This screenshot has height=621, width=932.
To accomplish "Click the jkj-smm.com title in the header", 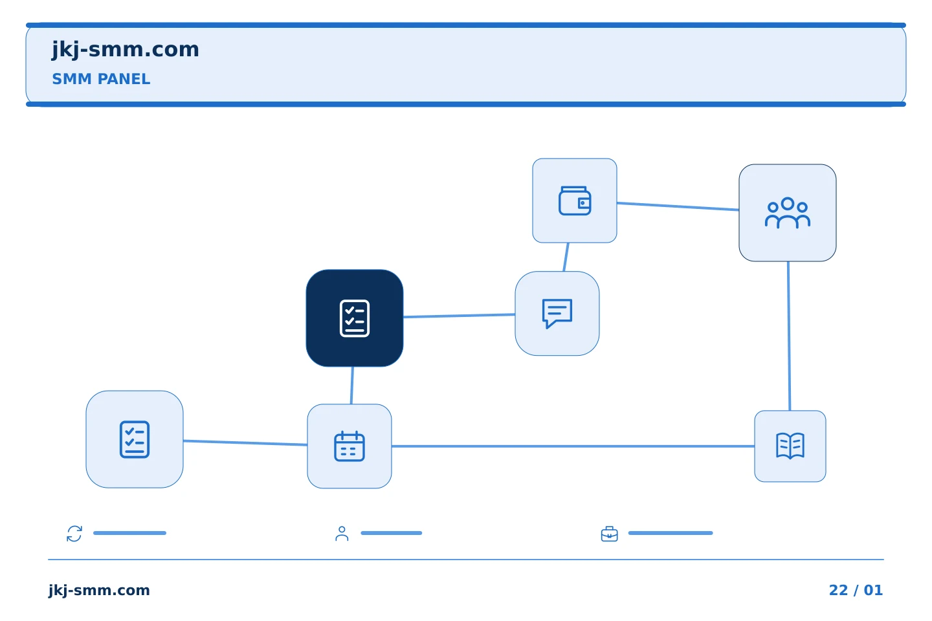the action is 126,50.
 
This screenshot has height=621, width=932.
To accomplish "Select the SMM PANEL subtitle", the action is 101,79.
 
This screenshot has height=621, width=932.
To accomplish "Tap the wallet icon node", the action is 575,201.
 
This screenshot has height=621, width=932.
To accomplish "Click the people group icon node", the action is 788,213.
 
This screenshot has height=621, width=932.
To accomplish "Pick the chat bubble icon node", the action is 557,314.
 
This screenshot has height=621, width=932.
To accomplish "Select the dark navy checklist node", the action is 355,318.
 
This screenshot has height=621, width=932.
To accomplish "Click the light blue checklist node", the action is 135,439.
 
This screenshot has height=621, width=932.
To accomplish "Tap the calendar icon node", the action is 349,446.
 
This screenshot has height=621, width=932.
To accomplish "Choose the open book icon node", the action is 790,446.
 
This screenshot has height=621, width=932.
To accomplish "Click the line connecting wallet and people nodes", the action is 678,206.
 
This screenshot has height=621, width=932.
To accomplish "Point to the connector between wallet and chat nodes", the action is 566,257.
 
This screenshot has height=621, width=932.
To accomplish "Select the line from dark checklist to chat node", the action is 459,316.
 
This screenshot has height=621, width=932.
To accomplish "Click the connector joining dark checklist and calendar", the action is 352,386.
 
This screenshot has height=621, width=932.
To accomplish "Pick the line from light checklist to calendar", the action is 245,442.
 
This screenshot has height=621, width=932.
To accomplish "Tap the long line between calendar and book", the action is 573,446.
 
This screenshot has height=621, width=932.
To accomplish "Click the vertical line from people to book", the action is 789,336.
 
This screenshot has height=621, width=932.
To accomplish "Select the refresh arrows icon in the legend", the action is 74,534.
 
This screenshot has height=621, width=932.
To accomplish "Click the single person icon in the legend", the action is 342,534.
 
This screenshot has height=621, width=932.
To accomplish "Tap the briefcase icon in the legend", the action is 610,534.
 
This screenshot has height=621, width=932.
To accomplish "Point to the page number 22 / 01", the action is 856,590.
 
